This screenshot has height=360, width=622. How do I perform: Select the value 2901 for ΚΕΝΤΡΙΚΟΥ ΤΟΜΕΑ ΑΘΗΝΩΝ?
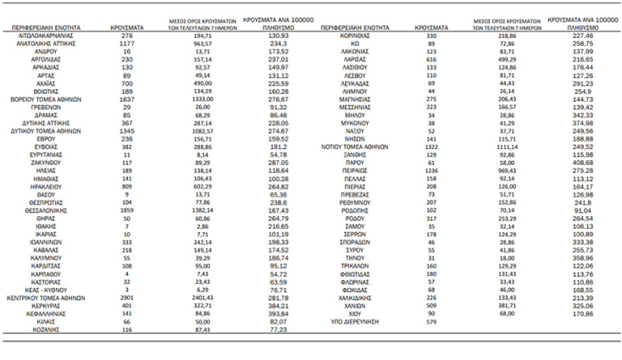coord(127,298)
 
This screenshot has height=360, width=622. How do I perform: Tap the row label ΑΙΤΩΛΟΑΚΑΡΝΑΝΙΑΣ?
coord(47,36)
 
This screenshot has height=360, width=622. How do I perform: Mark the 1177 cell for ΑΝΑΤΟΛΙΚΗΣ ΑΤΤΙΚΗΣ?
coord(127,45)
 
